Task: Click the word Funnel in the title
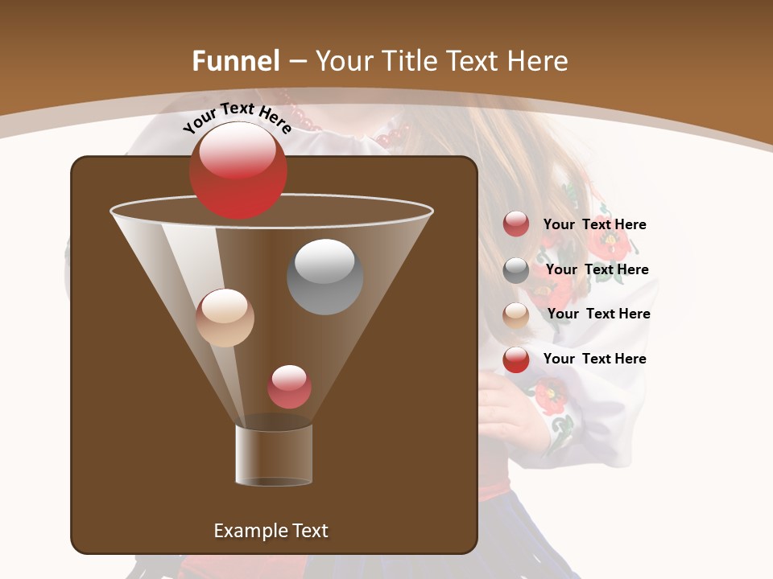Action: tap(236, 61)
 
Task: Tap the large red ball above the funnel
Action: tap(238, 170)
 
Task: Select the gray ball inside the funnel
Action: tap(324, 277)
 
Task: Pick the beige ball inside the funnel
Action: tap(225, 318)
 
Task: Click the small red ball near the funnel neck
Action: tap(289, 387)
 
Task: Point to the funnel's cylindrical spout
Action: tap(274, 455)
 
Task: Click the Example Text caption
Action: tap(271, 531)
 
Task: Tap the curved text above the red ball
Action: tap(237, 117)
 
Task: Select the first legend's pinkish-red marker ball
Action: tap(516, 224)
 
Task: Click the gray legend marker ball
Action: tap(516, 270)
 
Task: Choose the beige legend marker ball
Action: tap(516, 314)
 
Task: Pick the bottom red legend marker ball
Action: tap(516, 359)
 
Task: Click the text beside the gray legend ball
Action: tap(597, 269)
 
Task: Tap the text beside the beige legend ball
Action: tap(598, 314)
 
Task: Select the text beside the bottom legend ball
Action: tap(594, 359)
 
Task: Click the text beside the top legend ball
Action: tap(594, 224)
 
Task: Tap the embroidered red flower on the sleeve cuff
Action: tap(551, 396)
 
